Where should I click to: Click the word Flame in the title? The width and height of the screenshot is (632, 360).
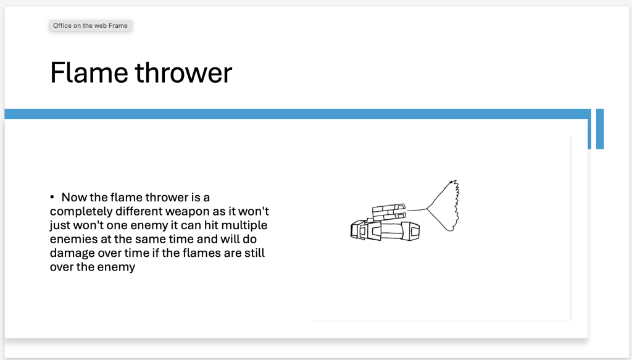click(x=89, y=73)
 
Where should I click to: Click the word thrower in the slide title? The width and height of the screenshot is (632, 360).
click(x=183, y=73)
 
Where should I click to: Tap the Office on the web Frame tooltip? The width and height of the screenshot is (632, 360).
click(x=91, y=25)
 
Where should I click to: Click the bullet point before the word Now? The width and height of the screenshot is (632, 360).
click(x=52, y=197)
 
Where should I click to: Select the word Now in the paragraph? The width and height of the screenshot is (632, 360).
click(x=74, y=197)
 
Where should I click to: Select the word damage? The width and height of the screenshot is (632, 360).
click(x=73, y=254)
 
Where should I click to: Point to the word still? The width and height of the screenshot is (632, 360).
click(x=254, y=253)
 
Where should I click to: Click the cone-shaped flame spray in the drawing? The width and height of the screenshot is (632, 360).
click(x=443, y=206)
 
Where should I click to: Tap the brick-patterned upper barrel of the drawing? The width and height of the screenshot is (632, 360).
click(x=388, y=212)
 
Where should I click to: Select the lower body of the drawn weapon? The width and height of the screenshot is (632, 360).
click(x=385, y=230)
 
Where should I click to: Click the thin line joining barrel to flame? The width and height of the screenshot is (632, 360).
click(x=417, y=209)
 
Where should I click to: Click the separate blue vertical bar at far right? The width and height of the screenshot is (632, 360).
click(x=600, y=128)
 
